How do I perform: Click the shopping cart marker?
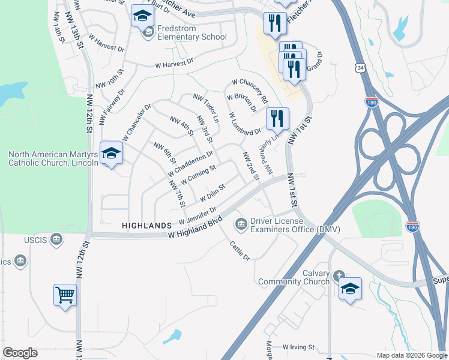click(x=65, y=294)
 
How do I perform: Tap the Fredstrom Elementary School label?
click(x=191, y=32)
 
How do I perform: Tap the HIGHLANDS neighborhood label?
click(x=147, y=226)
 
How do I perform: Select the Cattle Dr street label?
click(x=239, y=249)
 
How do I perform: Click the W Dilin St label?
click(x=212, y=193)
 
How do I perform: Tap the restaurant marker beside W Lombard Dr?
click(x=277, y=118)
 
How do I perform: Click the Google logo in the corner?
click(x=20, y=353)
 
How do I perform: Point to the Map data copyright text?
click(x=411, y=355)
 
